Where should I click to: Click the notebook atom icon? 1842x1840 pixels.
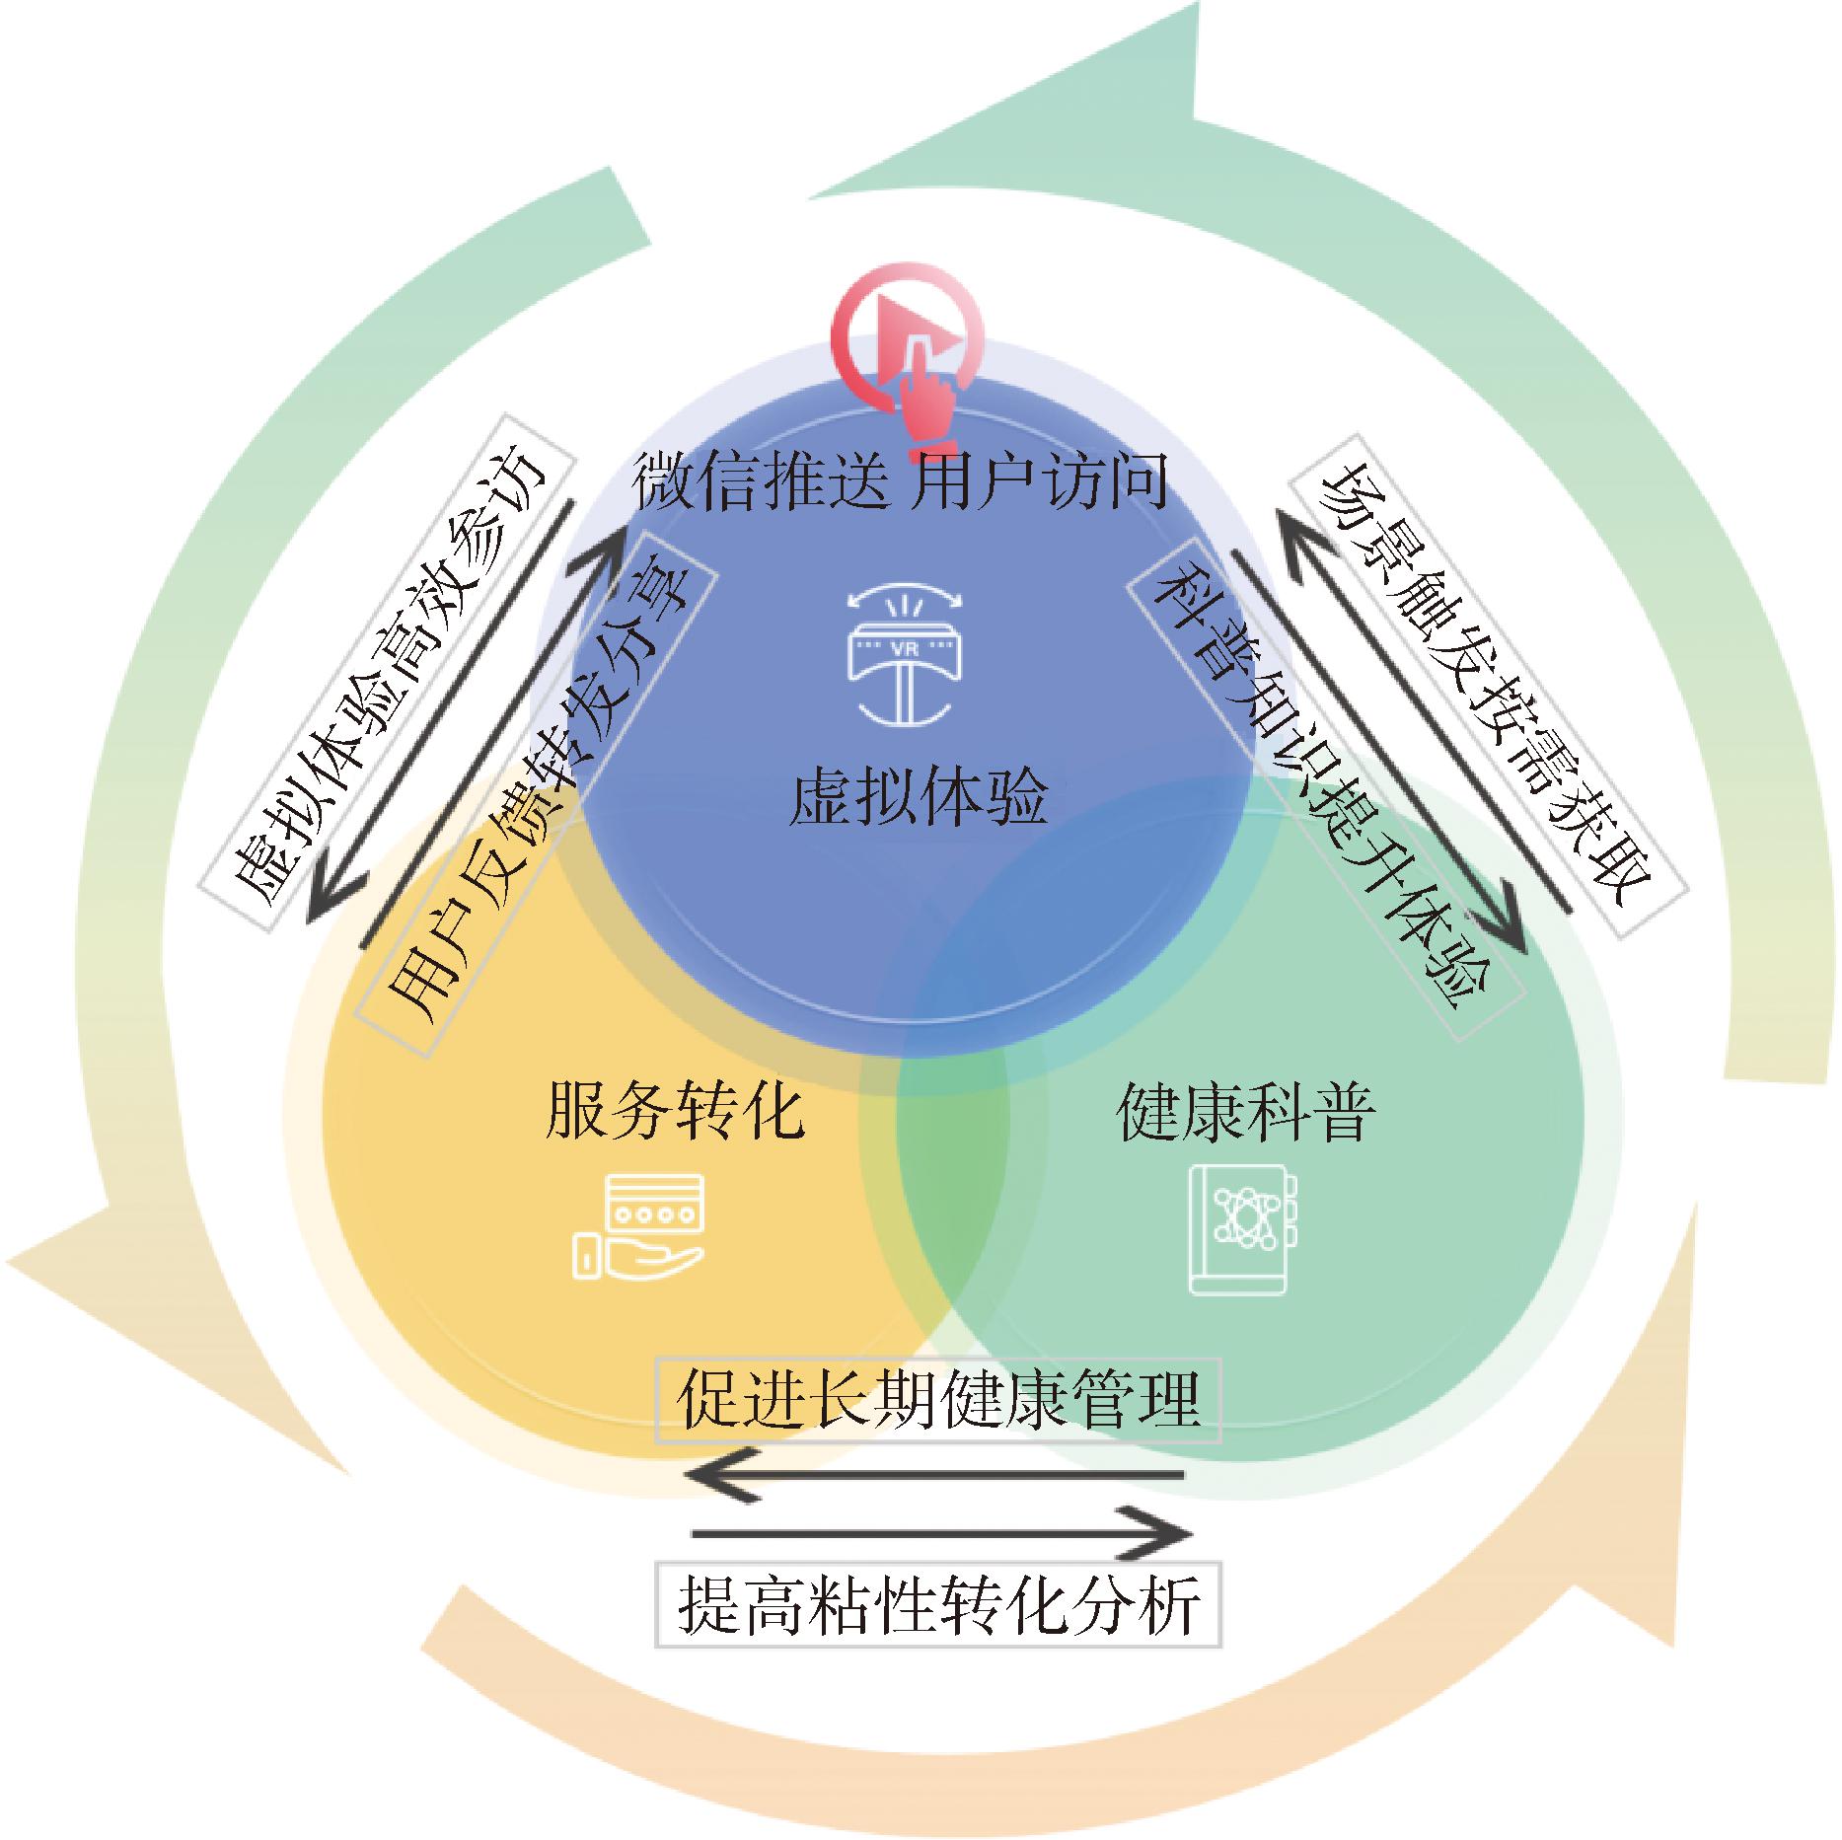point(1241,1228)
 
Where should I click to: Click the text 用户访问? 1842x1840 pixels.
point(1037,480)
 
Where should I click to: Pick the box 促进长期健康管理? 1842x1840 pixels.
point(938,1400)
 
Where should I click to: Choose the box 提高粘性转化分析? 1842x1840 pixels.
point(938,1603)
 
